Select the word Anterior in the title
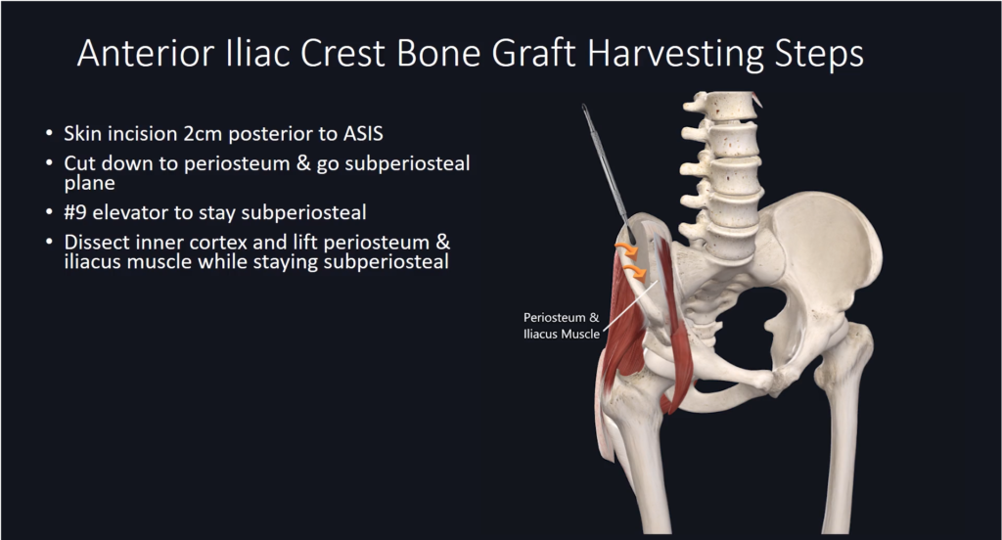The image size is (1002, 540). click(146, 53)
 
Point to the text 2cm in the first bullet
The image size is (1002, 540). click(204, 134)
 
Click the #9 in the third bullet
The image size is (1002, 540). click(75, 212)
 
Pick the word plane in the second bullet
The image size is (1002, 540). click(89, 184)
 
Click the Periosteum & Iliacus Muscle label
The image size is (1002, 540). click(562, 326)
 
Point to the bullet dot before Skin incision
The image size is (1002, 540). click(50, 134)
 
